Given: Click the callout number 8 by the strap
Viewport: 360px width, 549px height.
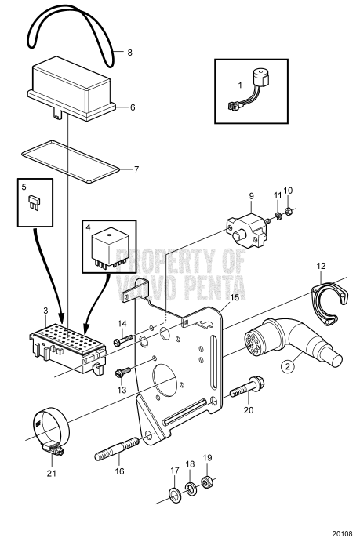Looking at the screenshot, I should (x=129, y=54).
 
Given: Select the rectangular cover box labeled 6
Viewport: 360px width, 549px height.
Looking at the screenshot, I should (x=75, y=89).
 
